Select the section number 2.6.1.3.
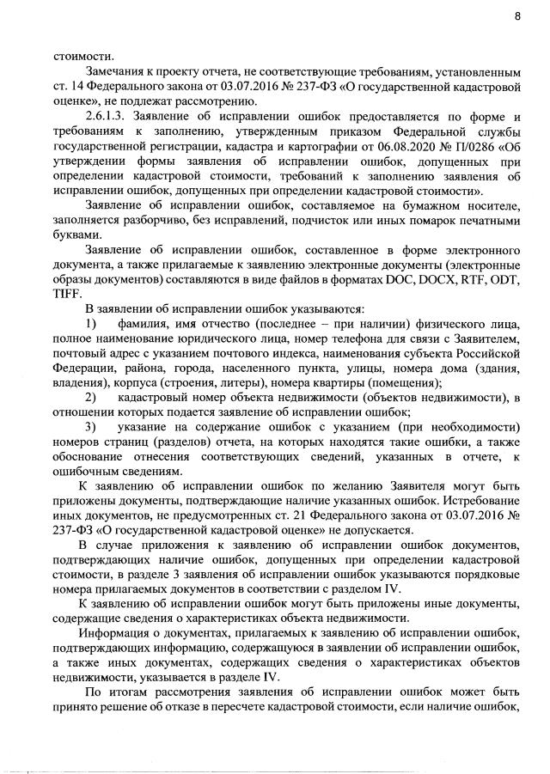pyautogui.click(x=105, y=116)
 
